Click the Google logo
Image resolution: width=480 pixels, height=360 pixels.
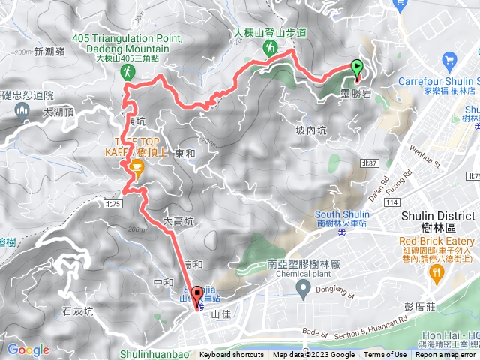(x=28, y=349)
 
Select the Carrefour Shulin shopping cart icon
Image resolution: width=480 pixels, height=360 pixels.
(x=450, y=58)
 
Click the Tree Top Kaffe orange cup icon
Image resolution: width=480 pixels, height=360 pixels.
(x=136, y=167)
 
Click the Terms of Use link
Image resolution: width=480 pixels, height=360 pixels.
(x=385, y=355)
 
